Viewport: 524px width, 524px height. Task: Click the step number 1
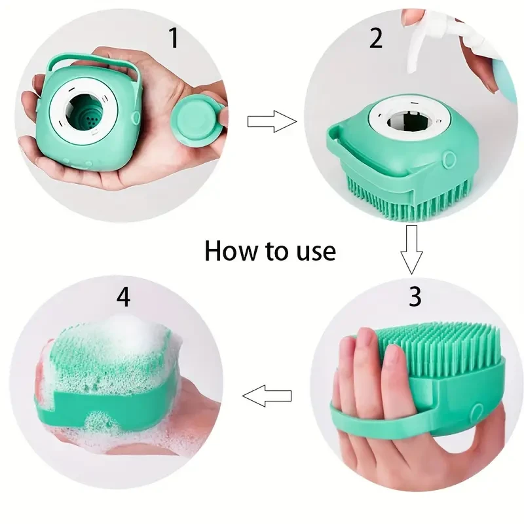point(174,38)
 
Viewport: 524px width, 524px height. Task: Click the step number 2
point(376,38)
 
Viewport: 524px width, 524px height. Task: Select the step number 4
point(123,297)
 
